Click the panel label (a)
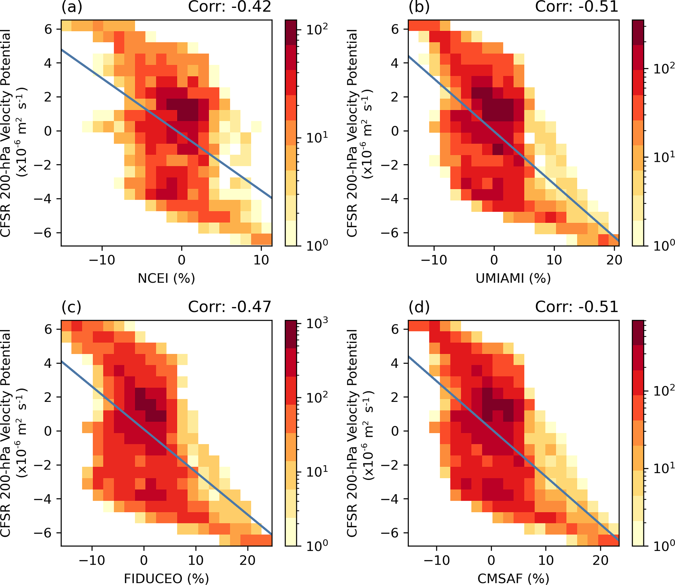[72, 7]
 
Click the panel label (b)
[419, 7]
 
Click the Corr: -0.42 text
[230, 7]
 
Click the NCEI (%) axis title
[166, 278]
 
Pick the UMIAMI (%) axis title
[513, 278]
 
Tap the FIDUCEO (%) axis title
[166, 578]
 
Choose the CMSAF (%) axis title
[513, 578]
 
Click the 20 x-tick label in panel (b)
[614, 260]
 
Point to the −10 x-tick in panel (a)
[102, 260]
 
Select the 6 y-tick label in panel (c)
[48, 329]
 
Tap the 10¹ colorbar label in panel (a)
[317, 138]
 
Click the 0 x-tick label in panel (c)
[144, 560]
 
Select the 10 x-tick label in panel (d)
[546, 560]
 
